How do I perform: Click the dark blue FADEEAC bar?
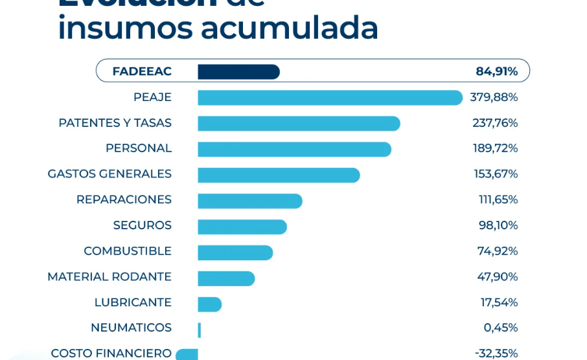[238, 72]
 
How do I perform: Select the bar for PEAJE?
[330, 98]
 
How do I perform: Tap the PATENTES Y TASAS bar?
[299, 124]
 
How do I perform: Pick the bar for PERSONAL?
[294, 149]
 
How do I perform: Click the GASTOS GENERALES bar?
[279, 175]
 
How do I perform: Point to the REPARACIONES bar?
[250, 201]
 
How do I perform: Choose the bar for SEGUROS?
[242, 227]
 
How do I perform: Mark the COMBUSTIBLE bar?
[235, 253]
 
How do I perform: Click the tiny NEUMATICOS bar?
[200, 330]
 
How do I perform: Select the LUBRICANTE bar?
[210, 304]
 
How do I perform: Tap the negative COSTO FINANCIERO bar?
[187, 354]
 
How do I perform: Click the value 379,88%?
[494, 97]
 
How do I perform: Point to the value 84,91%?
[496, 71]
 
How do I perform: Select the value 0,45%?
[500, 328]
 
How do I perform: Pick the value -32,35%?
[496, 354]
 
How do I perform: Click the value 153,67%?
[496, 174]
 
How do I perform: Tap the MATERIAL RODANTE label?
[109, 276]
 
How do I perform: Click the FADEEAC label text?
[142, 71]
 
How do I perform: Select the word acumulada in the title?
[289, 28]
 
